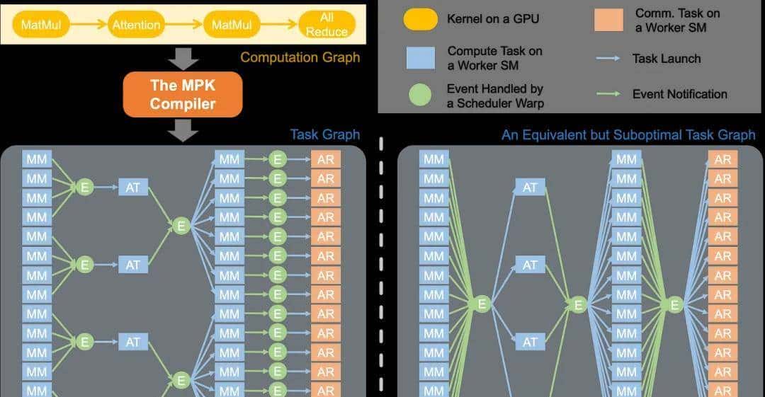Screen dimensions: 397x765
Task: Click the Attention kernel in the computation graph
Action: point(136,25)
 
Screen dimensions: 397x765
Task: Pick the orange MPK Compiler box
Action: point(183,94)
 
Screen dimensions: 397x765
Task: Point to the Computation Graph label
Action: point(300,57)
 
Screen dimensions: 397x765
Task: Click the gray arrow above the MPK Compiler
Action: point(183,58)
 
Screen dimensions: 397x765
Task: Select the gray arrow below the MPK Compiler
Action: point(183,130)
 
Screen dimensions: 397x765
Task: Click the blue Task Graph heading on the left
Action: point(324,134)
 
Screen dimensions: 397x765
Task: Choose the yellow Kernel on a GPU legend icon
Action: point(420,19)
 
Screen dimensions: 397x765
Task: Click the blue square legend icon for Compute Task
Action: point(420,57)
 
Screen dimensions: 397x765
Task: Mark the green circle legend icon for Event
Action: point(420,96)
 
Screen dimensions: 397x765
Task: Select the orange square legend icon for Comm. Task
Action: point(608,20)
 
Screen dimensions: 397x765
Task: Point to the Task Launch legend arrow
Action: point(608,58)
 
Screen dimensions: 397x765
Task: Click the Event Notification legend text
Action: point(679,94)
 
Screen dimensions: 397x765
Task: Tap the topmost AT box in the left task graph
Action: point(133,188)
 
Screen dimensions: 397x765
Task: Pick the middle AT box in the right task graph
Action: point(530,265)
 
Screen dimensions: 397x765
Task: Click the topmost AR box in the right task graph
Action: point(722,159)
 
